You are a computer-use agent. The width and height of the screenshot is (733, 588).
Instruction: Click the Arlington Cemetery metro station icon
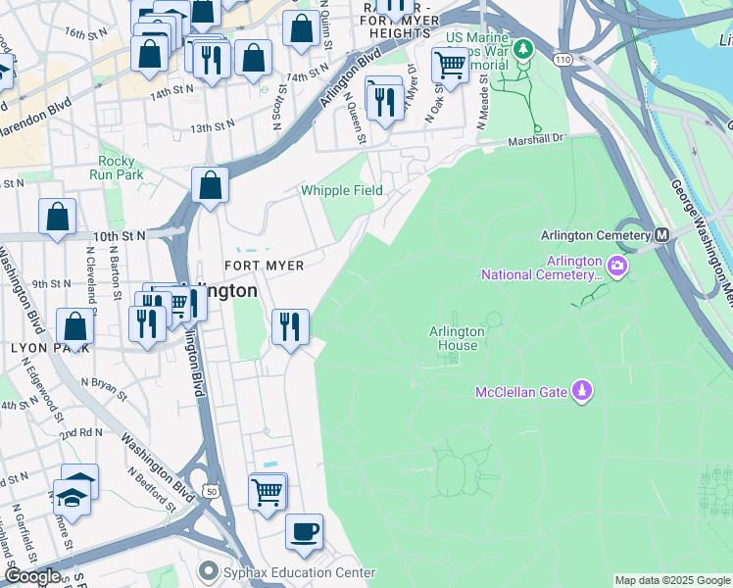(661, 235)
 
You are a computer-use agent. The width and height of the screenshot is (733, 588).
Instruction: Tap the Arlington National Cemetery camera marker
(617, 266)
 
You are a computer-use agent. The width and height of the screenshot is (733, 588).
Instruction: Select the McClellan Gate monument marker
(582, 392)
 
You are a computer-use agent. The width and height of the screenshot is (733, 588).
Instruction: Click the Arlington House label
(453, 338)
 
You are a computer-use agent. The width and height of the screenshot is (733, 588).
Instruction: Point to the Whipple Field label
(341, 190)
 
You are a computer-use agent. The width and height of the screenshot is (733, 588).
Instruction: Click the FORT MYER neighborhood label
(265, 266)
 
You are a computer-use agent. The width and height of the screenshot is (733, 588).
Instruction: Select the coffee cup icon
(304, 532)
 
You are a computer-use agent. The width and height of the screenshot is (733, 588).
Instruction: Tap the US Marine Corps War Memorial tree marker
(523, 48)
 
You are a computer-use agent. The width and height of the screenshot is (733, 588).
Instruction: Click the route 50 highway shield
(210, 490)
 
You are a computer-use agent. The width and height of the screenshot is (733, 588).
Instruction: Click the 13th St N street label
(214, 128)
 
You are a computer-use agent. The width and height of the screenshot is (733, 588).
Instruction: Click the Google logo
(31, 576)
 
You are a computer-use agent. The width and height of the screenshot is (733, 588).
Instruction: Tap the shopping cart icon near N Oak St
(450, 65)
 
